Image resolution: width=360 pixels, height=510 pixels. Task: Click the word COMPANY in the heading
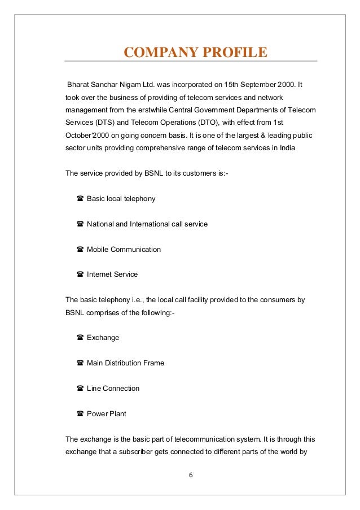point(158,53)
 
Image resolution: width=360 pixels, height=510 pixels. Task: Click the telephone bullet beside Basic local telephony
point(80,199)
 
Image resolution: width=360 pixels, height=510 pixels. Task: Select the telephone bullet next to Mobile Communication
point(80,250)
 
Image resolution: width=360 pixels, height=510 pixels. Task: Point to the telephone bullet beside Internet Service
point(80,274)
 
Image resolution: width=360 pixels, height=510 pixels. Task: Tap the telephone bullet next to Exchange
point(80,338)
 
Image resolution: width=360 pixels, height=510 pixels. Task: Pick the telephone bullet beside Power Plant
point(80,414)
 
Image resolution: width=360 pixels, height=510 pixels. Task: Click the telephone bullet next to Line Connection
point(80,389)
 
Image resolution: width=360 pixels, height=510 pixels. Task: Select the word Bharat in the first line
point(79,84)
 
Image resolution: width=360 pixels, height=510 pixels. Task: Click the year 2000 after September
point(286,84)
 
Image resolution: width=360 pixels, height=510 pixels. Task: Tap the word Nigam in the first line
point(132,84)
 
